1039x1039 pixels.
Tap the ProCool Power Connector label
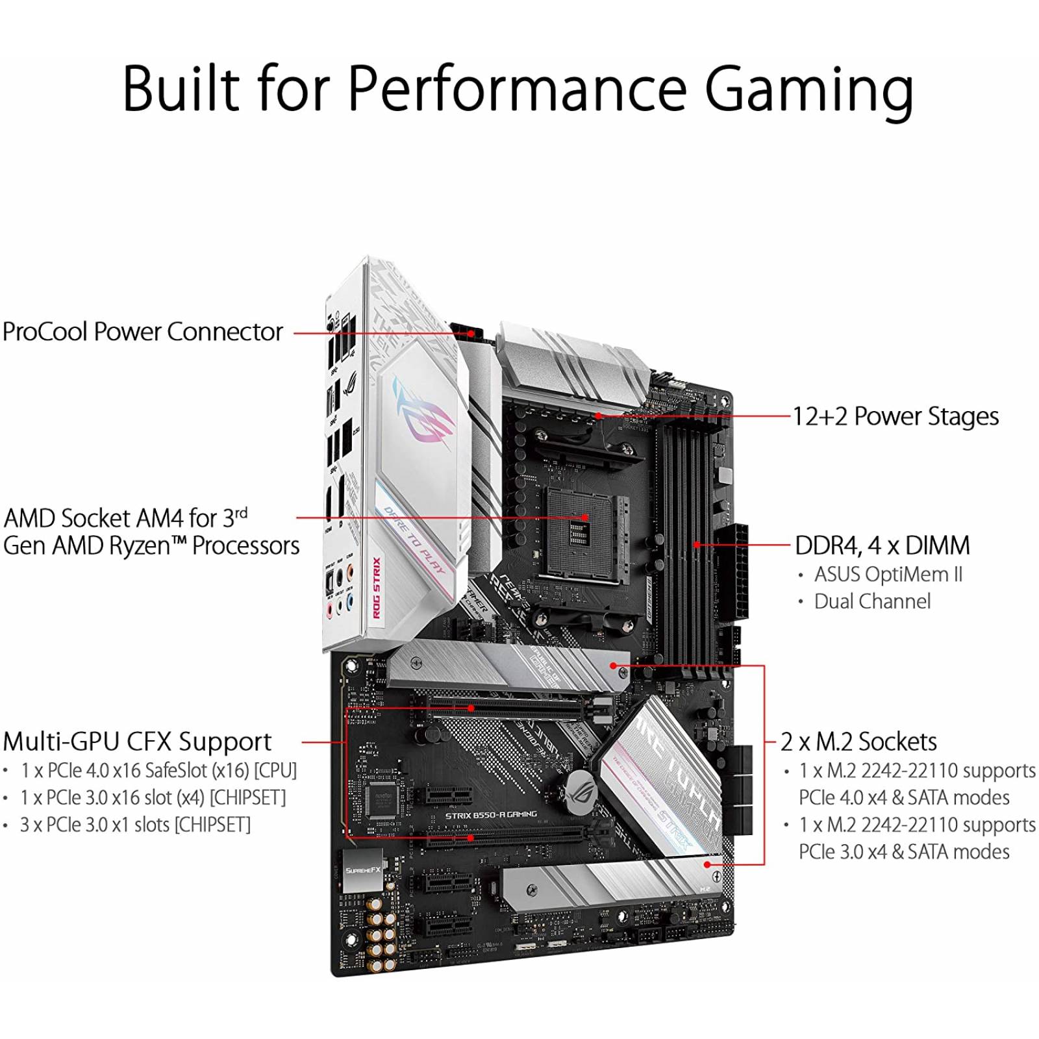[143, 332]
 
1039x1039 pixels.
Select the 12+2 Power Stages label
[895, 416]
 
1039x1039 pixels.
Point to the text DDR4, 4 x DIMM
[883, 545]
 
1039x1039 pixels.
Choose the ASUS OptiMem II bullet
[888, 575]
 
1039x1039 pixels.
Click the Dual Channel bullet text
[872, 601]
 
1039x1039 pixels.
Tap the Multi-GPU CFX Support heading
[137, 742]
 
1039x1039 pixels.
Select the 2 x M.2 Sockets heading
[858, 742]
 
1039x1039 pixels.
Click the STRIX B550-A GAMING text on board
[491, 814]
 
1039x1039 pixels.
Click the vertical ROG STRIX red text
[377, 587]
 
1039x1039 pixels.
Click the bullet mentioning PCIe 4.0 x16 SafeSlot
[158, 771]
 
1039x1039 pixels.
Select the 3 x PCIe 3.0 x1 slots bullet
[135, 825]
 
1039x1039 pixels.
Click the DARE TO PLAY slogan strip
[414, 539]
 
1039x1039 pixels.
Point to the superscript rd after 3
[241, 513]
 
